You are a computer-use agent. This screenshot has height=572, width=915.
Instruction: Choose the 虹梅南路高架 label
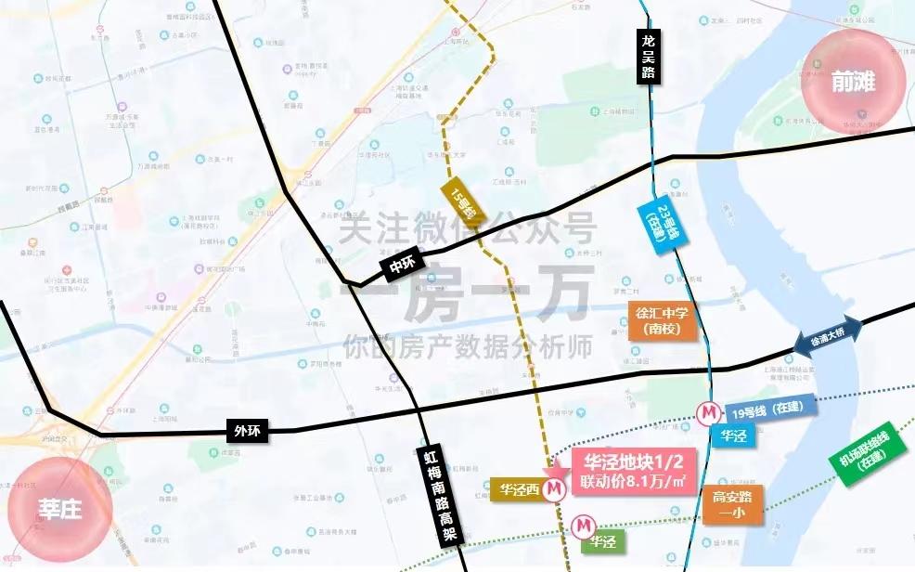pyautogui.click(x=435, y=492)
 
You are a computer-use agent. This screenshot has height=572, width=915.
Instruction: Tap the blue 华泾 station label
pyautogui.click(x=734, y=434)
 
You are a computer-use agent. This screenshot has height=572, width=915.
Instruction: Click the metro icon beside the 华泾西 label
pyautogui.click(x=555, y=487)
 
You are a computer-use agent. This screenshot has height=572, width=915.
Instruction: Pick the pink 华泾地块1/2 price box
pyautogui.click(x=633, y=471)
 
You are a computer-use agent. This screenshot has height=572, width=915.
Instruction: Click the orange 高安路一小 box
pyautogui.click(x=733, y=505)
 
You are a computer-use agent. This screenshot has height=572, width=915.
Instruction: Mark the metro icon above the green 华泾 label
pyautogui.click(x=582, y=526)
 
